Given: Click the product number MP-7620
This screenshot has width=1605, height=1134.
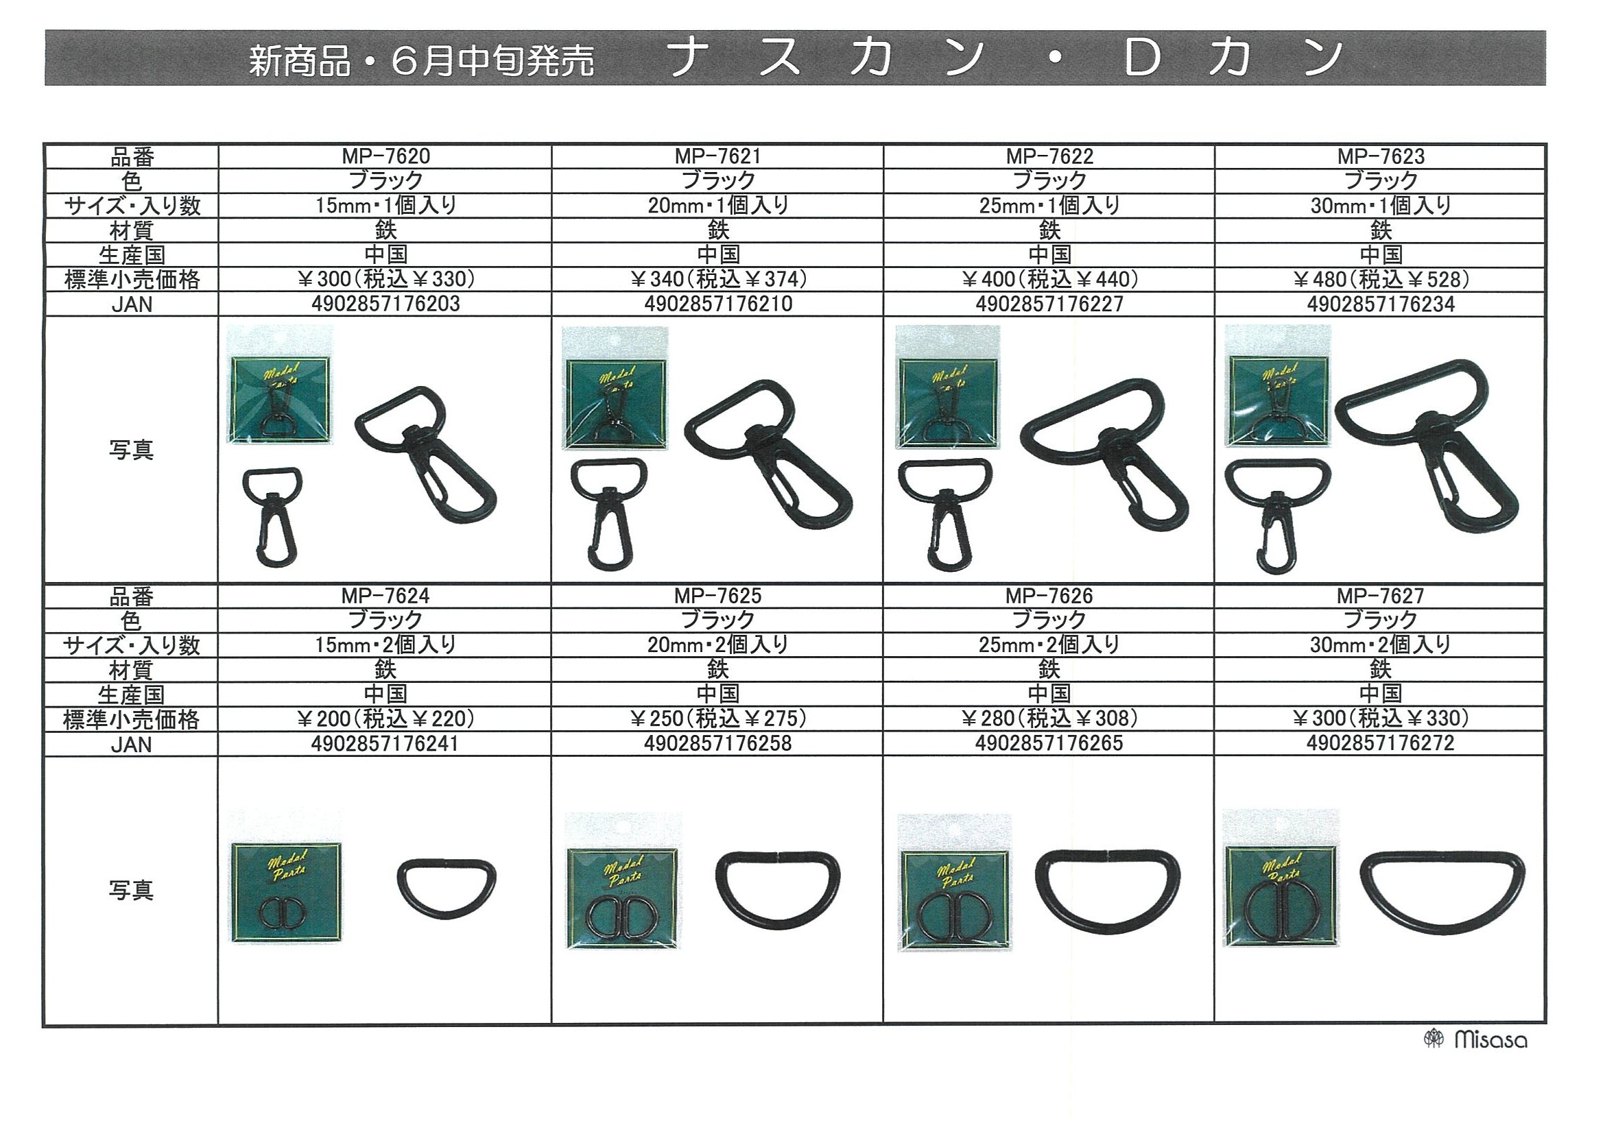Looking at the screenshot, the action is tap(386, 156).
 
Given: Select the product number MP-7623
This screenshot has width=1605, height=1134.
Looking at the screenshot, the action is tap(1381, 156).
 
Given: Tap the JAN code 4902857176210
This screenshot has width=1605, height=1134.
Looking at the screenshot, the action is tap(718, 304).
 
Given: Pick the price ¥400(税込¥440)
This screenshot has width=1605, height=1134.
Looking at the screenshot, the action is tap(1049, 280).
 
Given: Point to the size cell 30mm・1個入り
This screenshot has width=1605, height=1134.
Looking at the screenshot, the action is tap(1381, 206).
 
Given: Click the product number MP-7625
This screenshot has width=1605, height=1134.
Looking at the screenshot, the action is tap(718, 596).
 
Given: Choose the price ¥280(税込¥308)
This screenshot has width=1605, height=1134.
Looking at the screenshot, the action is tap(1049, 719).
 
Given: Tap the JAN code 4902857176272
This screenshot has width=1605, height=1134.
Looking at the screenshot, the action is tap(1381, 743).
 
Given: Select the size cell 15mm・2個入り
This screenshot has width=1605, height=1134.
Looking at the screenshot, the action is tap(385, 645).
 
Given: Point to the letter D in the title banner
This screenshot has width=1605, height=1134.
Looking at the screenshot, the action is tap(1143, 58).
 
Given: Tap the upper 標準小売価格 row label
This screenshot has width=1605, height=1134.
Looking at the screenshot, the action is tap(132, 280).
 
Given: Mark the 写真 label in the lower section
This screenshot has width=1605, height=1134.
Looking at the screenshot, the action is tap(131, 890).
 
